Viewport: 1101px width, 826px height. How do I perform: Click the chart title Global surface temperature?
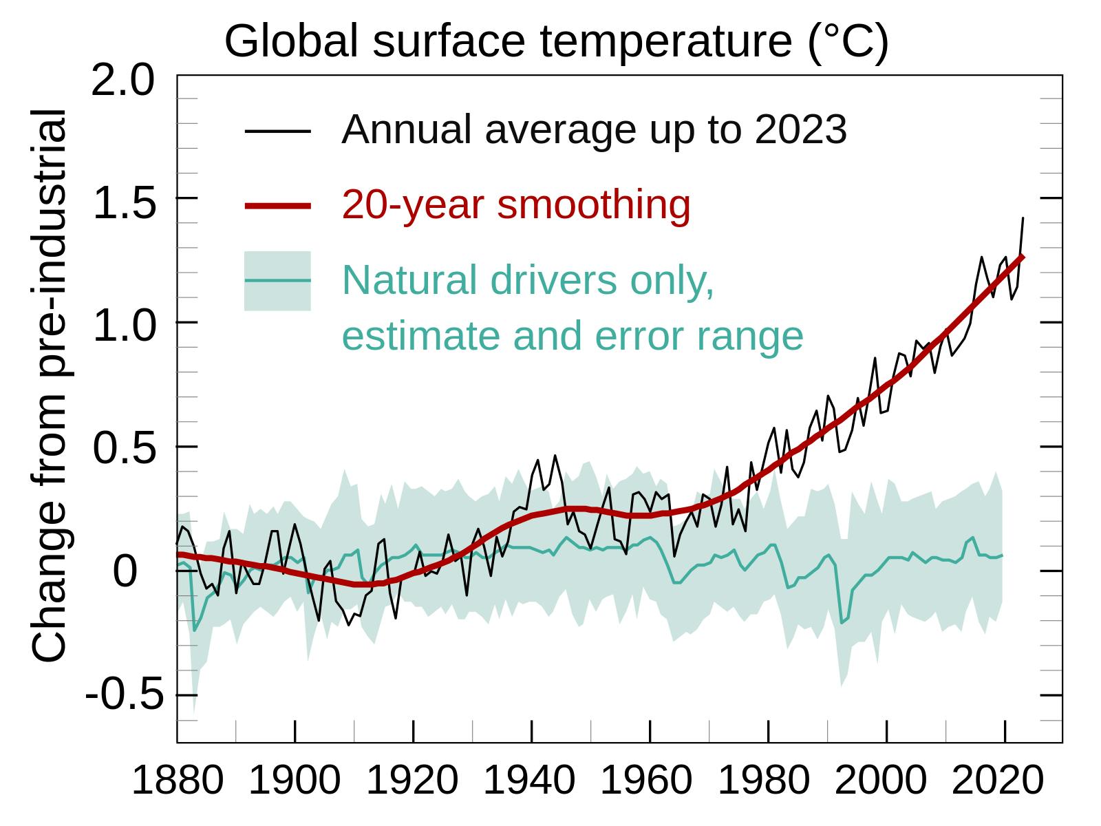point(556,41)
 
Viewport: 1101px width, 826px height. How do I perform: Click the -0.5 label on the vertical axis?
point(125,695)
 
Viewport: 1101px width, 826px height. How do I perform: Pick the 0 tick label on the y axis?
point(125,571)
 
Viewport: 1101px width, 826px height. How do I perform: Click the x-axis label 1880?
point(177,781)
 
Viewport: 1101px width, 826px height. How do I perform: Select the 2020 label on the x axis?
point(998,781)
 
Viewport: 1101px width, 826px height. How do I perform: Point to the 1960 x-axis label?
point(646,781)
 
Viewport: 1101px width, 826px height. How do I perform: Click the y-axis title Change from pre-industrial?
point(50,385)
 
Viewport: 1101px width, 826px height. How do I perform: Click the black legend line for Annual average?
point(278,131)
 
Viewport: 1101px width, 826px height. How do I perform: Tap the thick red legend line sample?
point(278,205)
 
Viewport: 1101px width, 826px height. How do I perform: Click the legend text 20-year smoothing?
point(516,205)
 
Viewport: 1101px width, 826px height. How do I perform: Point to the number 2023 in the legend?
point(800,129)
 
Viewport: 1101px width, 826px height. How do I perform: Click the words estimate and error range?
point(572,336)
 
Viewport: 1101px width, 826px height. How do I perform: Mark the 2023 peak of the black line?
point(1023,218)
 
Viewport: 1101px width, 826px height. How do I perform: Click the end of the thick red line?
point(1023,257)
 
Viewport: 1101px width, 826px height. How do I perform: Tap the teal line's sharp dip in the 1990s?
point(842,622)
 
